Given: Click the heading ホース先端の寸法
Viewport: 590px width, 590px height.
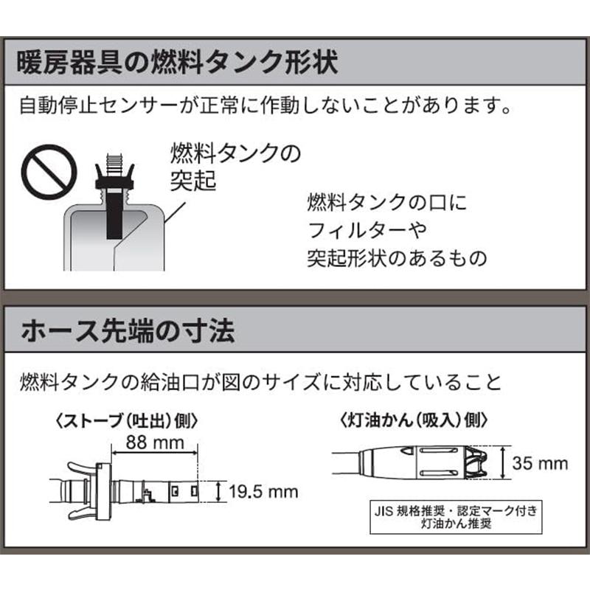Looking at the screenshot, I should [x=129, y=330].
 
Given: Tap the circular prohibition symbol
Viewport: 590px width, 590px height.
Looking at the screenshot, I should [x=48, y=171].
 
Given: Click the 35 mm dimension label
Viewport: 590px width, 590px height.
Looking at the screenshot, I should [x=541, y=463].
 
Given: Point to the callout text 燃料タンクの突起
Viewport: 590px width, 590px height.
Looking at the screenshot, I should [x=225, y=166].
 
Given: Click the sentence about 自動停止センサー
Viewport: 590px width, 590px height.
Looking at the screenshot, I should [x=265, y=108].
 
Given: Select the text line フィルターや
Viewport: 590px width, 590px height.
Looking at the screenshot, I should [x=367, y=230].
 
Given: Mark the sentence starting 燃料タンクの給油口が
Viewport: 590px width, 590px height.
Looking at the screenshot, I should [x=262, y=382].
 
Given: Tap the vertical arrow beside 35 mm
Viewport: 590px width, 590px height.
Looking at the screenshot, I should [x=504, y=463].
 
